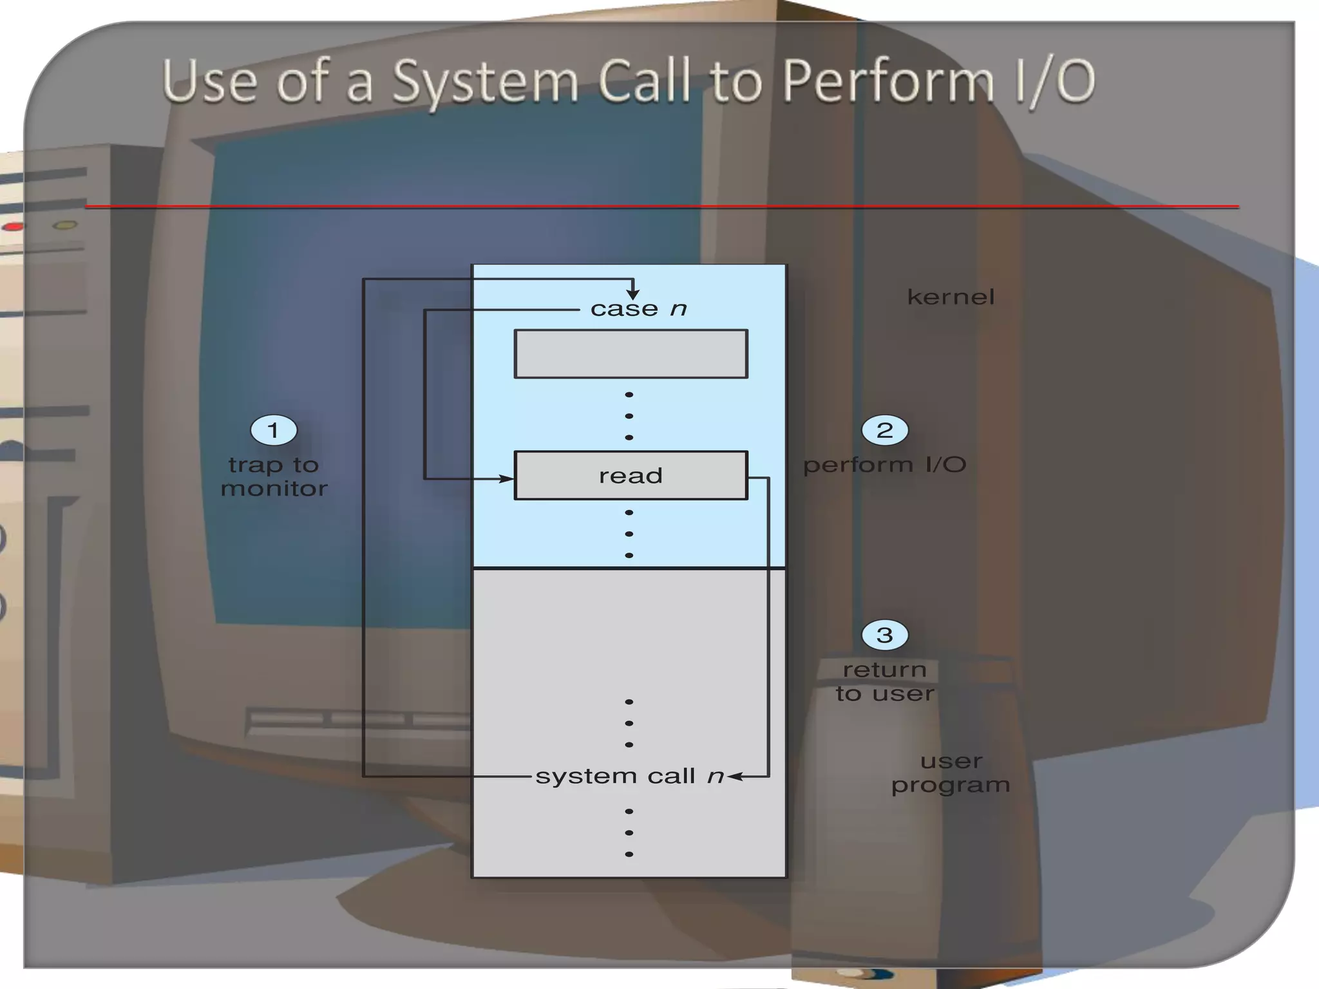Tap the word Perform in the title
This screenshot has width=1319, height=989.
(887, 82)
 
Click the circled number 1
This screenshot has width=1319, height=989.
(274, 430)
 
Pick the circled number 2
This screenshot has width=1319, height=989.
(885, 430)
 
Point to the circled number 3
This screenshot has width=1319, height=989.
(885, 635)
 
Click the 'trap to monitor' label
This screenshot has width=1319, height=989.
(274, 476)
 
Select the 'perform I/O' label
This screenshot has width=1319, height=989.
(885, 465)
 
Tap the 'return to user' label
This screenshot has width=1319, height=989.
(885, 681)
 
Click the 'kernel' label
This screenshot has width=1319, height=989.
(951, 297)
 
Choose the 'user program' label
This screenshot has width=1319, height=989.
(951, 773)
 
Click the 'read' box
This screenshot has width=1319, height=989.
(631, 475)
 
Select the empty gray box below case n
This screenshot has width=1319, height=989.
(631, 353)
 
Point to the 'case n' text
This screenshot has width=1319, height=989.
(638, 309)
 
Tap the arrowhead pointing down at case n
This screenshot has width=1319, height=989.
(633, 294)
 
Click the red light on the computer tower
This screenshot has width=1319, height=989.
(13, 227)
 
